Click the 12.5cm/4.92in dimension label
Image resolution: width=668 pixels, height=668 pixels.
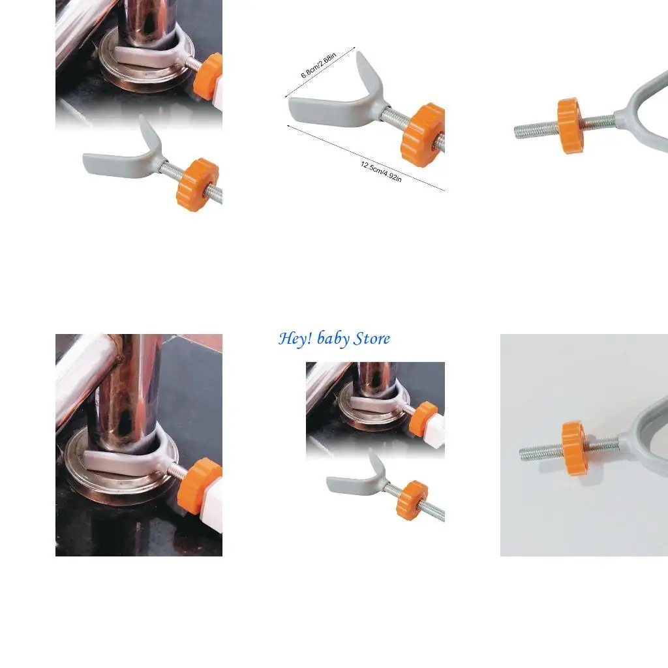381,171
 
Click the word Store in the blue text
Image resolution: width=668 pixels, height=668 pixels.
372,339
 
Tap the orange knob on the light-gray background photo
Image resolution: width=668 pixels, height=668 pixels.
575,448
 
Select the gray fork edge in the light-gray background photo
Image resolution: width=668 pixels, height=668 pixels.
646,424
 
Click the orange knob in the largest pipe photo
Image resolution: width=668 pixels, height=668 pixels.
198,484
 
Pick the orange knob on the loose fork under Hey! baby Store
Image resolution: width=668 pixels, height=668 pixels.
412,499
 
